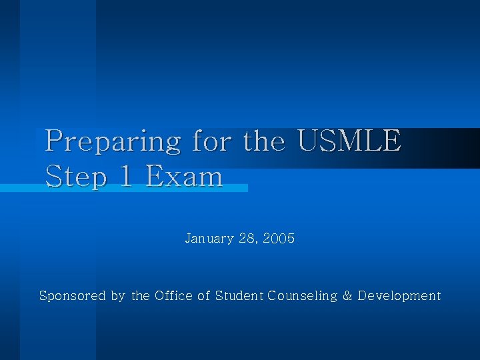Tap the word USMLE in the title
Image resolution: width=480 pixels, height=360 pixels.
coord(349,141)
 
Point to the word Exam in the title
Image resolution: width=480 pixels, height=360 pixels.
coord(184,177)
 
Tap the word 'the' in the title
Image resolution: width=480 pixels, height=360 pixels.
coord(265,141)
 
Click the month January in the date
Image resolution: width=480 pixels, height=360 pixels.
coord(209,238)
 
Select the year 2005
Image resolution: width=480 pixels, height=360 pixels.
coord(279,238)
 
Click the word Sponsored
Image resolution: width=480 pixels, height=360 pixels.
coord(72,295)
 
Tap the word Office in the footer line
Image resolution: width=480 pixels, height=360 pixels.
coord(173,295)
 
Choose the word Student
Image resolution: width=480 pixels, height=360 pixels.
coord(240,295)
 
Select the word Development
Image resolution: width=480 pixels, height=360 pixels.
coord(399,295)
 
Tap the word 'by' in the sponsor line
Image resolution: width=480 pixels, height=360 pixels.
coord(117,296)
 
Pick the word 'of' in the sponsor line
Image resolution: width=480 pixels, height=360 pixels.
coord(203,295)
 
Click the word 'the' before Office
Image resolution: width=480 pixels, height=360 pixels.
coord(141,295)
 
